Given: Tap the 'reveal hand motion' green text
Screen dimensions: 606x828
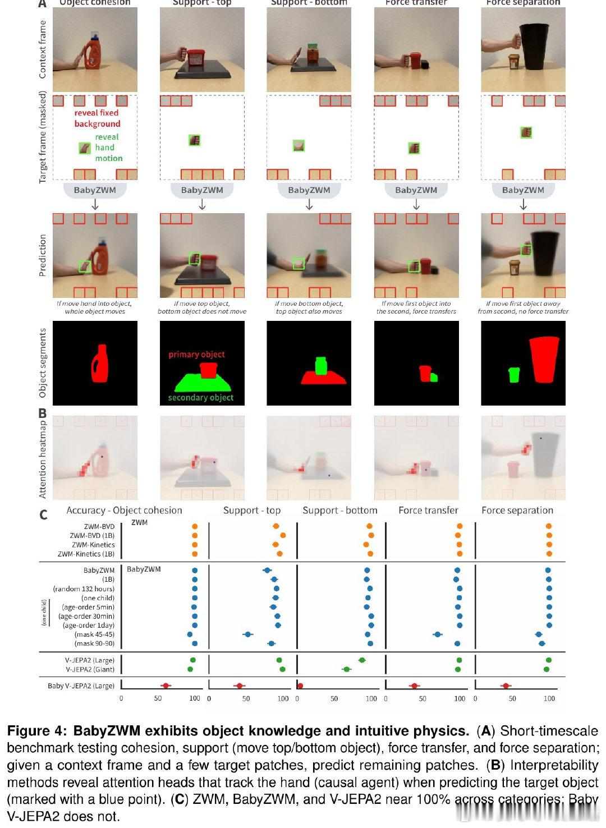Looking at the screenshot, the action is tap(108, 148).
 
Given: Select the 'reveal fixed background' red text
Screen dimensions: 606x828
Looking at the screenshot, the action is tap(97, 118).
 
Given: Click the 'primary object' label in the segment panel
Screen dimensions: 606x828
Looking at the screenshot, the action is tap(196, 355).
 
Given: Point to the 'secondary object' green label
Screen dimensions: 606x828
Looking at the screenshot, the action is tap(200, 398).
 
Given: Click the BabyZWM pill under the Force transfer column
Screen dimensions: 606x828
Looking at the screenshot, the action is tap(416, 190).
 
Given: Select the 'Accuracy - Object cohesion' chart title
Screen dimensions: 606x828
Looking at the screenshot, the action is tap(124, 510).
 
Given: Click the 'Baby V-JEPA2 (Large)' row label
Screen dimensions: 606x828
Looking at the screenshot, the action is tap(81, 686).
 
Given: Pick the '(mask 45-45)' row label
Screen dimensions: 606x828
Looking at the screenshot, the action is tap(94, 634).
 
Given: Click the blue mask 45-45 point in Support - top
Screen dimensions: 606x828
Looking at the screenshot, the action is tap(247, 634).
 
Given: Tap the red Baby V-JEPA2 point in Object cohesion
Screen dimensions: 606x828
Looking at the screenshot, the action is tap(166, 686).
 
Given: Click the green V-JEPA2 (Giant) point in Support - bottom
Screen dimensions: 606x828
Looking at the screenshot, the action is tap(346, 669).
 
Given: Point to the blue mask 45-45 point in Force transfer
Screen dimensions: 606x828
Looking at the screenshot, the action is tap(438, 634).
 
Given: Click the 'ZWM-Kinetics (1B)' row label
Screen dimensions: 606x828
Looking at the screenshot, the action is tap(86, 554).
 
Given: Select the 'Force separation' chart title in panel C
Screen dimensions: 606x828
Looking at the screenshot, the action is tap(517, 510).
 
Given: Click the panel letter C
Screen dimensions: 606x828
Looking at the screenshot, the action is tap(43, 514).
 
